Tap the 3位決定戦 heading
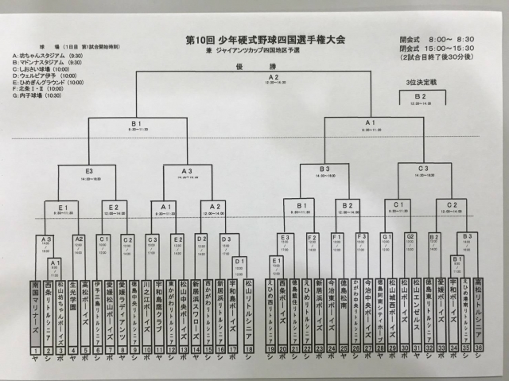(x=421, y=83)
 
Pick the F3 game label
(x=362, y=236)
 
